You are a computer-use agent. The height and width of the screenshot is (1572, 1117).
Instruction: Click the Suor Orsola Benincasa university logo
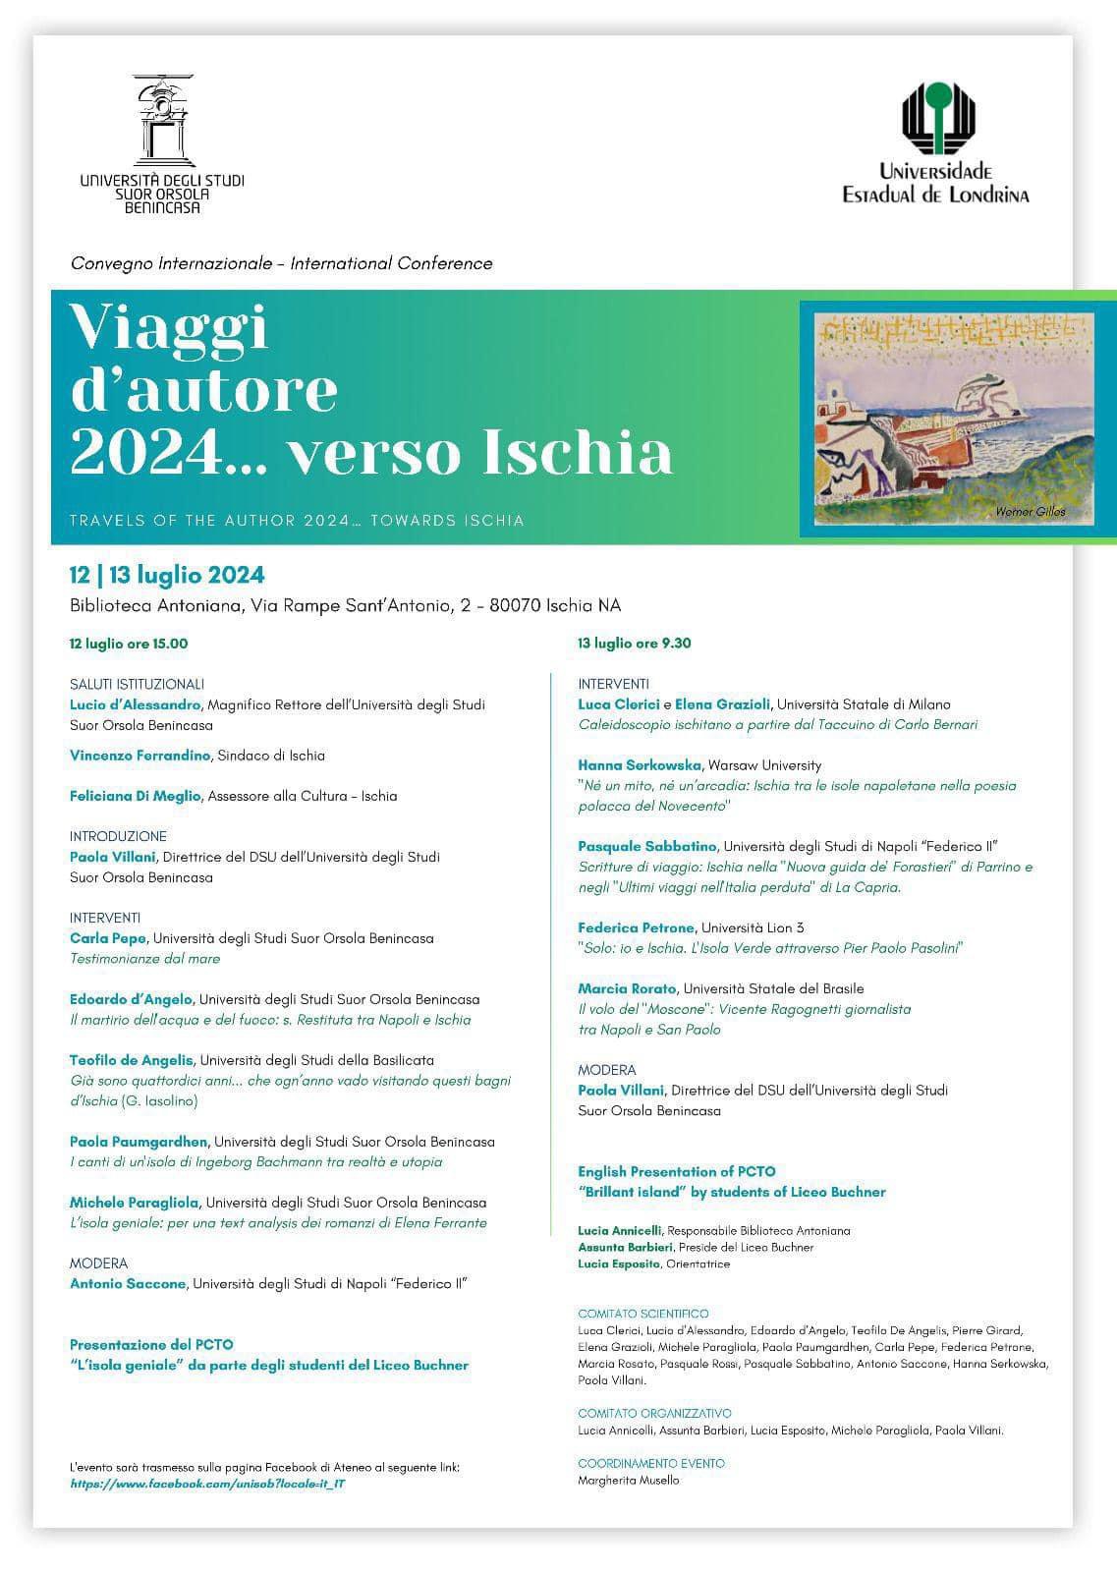pos(162,143)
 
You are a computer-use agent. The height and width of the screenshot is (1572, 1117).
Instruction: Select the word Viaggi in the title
pos(169,326)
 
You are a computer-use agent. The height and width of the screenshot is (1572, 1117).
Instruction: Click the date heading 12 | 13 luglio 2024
pos(167,575)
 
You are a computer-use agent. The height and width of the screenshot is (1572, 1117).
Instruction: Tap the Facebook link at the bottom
pos(207,1484)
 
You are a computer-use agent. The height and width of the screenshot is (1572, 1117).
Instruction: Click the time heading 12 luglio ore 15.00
pos(129,644)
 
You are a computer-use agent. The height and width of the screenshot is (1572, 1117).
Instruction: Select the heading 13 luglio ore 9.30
pos(635,644)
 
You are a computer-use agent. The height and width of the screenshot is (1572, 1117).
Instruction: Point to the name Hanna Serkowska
pos(640,764)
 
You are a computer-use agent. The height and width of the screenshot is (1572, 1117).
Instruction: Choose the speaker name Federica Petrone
pos(636,927)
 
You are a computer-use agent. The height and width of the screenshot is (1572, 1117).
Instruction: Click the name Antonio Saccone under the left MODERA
pos(128,1283)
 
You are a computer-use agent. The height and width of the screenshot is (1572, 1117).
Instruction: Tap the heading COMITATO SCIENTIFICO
pos(643,1314)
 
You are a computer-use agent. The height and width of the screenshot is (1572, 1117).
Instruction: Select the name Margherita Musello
pos(629,1480)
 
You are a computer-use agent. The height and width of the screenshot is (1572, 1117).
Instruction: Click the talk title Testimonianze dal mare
pos(145,958)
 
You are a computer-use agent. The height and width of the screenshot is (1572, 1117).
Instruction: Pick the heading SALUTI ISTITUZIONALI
pos(138,684)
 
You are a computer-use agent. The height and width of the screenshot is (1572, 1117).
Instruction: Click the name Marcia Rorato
pos(627,988)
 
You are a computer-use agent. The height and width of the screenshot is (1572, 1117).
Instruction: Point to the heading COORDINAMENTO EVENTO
pos(651,1463)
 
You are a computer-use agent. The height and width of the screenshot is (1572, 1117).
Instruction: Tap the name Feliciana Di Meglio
pos(136,796)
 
